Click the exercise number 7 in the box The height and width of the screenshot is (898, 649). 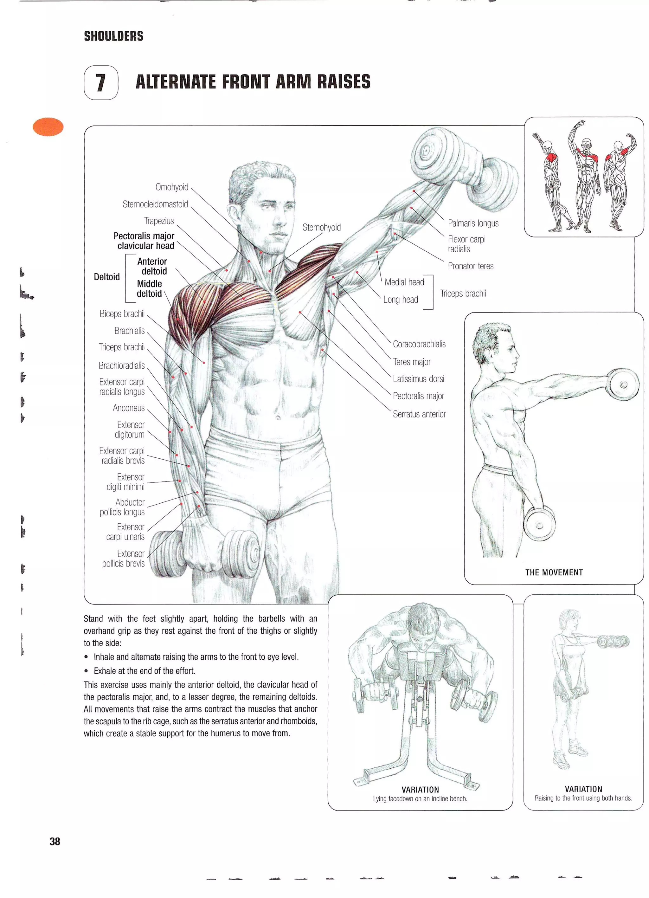(101, 82)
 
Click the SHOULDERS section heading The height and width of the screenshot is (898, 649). (113, 36)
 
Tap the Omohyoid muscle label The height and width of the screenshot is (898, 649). (172, 187)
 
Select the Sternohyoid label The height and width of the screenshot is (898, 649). (321, 227)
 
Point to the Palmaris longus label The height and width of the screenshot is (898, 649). (473, 223)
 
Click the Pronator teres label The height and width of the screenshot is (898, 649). (471, 266)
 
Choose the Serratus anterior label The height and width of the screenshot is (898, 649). (419, 414)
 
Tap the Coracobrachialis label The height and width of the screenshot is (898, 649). (419, 344)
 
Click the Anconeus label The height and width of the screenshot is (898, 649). (129, 408)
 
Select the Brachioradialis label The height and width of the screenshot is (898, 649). (121, 365)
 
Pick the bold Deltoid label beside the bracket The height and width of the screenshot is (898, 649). (106, 277)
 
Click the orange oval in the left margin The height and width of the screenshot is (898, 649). (48, 127)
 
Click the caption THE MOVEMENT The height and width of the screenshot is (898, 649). (554, 572)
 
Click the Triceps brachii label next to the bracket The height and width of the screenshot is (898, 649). (463, 294)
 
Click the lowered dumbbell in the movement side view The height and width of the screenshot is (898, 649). (539, 525)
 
